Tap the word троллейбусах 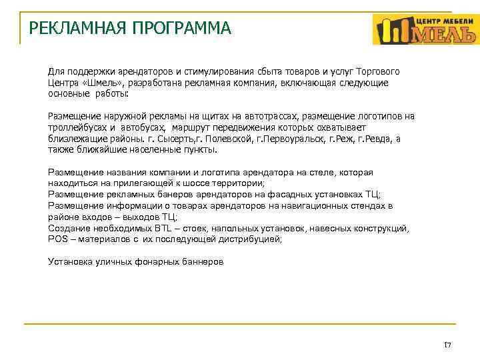click(x=75, y=127)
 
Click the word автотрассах click(x=257, y=116)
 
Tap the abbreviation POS click(x=58, y=239)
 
